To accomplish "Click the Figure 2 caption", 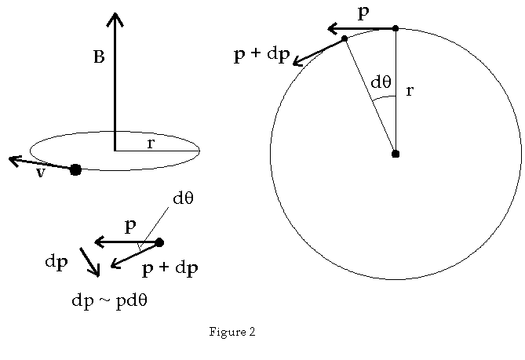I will [x=232, y=333].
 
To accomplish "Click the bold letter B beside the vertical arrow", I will [x=99, y=57].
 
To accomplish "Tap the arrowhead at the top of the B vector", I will [x=115, y=16].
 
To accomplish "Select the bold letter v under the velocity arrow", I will [x=40, y=173].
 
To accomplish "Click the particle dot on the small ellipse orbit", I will [x=75, y=169].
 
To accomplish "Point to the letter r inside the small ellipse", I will [x=150, y=144].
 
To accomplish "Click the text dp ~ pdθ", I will [x=109, y=301].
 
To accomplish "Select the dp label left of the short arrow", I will [x=56, y=262].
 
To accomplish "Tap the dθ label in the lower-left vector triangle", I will [x=183, y=198].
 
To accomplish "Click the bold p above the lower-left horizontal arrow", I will [x=130, y=227].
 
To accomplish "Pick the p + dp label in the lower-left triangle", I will [x=170, y=269].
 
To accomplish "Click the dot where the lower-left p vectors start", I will [x=159, y=242].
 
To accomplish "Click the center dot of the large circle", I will [x=396, y=154].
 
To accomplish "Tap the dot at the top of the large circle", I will [x=396, y=28].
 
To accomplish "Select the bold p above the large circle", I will [x=363, y=13].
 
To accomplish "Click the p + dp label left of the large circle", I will [x=262, y=55].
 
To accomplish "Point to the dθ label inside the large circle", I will [x=381, y=82].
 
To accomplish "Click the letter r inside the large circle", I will [x=409, y=91].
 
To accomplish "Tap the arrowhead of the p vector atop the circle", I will [x=331, y=29].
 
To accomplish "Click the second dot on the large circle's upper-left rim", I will [x=345, y=38].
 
